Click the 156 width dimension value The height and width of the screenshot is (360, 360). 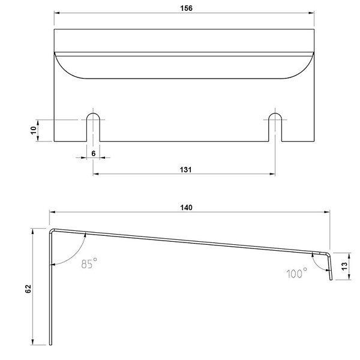(186, 8)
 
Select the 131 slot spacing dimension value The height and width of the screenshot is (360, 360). (185, 170)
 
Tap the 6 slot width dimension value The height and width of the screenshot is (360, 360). (93, 154)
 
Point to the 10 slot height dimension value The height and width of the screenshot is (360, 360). (34, 130)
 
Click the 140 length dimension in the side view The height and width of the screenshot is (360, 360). (186, 208)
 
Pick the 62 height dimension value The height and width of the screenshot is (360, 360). (28, 289)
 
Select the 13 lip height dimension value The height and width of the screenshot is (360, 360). (344, 266)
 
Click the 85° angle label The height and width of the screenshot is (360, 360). (89, 263)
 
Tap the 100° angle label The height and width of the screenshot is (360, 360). (296, 273)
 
